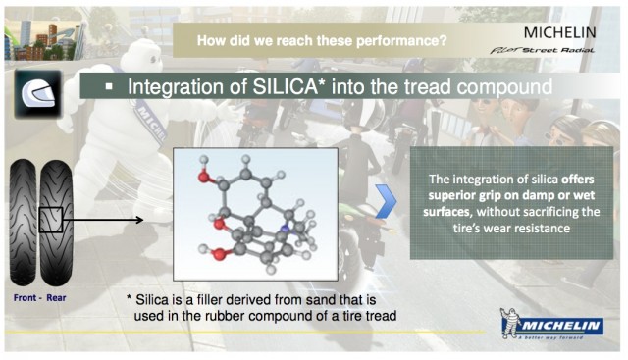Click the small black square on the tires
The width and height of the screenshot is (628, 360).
point(51,219)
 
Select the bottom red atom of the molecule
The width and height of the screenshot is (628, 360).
point(216,253)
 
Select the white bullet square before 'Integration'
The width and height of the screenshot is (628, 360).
point(110,88)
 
